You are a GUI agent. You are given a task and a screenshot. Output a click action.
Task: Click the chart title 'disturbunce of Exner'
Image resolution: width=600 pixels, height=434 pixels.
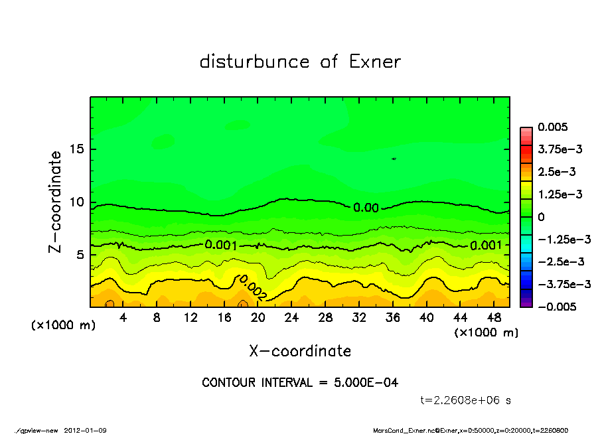point(300,62)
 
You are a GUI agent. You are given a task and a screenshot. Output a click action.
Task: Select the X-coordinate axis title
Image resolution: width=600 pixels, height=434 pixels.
point(300,351)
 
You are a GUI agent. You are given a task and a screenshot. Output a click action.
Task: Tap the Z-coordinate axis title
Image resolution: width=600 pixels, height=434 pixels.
point(56,201)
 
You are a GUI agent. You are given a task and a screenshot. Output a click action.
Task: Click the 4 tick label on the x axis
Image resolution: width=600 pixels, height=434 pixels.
point(123,317)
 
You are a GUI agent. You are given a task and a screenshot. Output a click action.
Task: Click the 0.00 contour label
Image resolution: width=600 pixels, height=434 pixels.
point(366,208)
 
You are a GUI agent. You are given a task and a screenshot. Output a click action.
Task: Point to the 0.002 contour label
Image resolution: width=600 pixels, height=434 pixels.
point(253,287)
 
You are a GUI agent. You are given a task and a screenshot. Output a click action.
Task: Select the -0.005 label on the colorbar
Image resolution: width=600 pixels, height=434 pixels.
point(559,307)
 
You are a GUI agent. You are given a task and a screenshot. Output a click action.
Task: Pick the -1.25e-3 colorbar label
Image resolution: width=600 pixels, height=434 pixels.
point(562,239)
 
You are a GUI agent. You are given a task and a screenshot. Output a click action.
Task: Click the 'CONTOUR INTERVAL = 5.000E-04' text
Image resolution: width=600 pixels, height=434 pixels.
point(300,383)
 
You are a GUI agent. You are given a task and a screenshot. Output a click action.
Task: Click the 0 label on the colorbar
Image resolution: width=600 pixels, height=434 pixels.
point(541,217)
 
